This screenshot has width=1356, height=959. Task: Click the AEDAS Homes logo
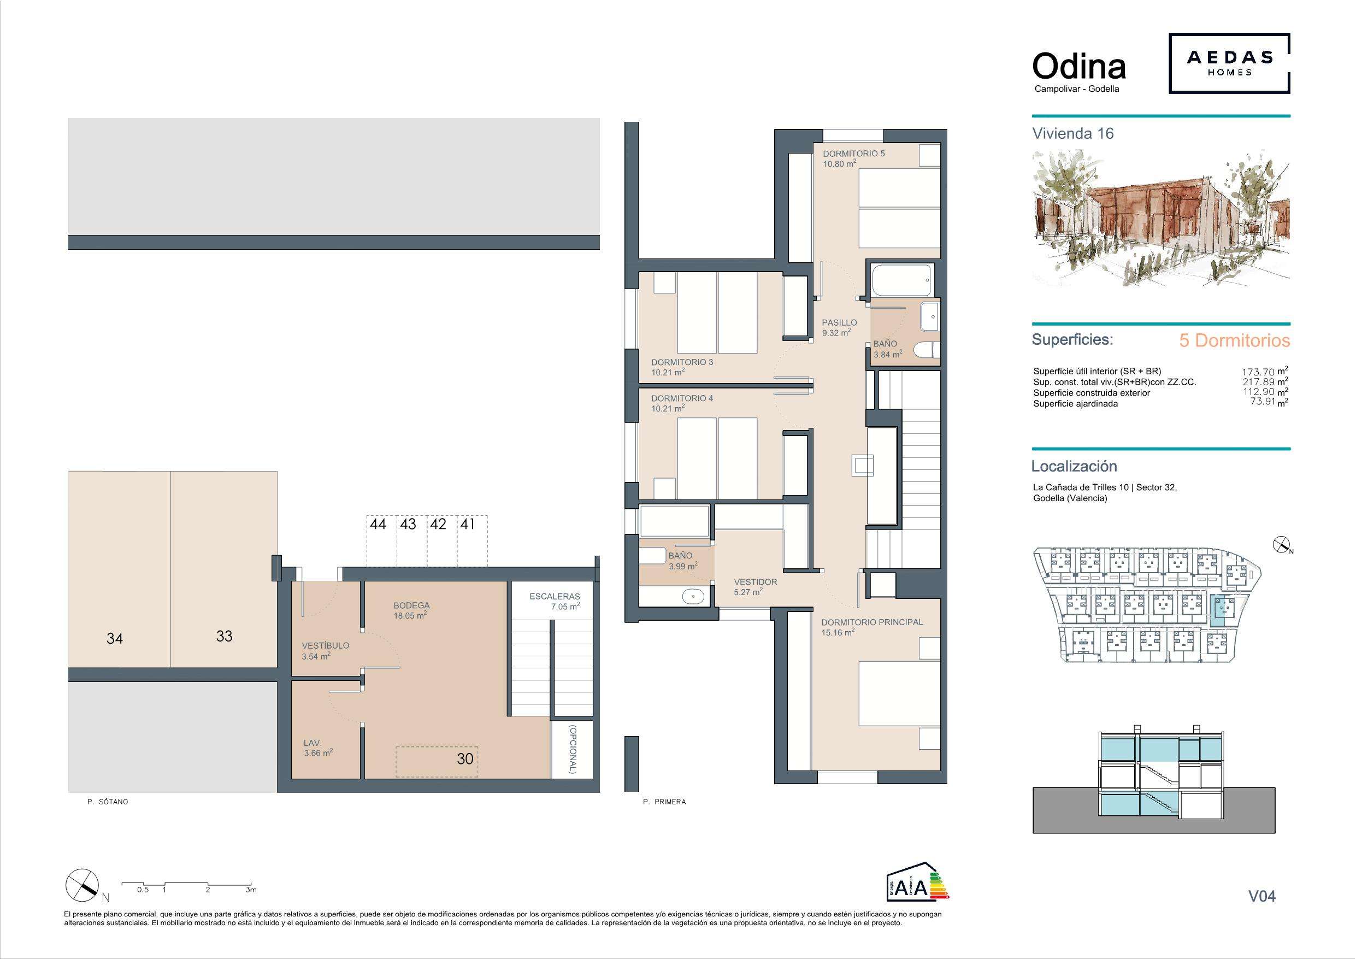pos(1229,63)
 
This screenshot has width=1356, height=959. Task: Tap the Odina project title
pos(1079,67)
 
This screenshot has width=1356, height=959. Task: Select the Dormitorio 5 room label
pos(854,154)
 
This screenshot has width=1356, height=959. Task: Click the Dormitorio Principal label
pos(872,622)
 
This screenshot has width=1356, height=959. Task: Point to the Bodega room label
pos(411,605)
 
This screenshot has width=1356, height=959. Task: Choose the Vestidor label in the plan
pos(756,582)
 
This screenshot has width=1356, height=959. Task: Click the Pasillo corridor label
pos(839,322)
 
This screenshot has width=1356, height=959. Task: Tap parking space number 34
pos(115,639)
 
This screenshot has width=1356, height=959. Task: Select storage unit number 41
pos(468,524)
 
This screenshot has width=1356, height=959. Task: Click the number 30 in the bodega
pos(465,758)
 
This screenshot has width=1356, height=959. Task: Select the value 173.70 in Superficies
pos(1258,372)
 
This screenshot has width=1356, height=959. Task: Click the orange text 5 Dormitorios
pos(1234,341)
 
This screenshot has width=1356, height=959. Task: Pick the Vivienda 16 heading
pos(1072,133)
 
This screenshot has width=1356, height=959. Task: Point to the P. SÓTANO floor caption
pos(107,802)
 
